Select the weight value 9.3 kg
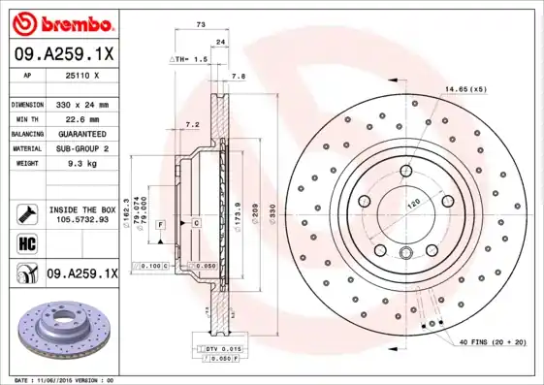click(81, 164)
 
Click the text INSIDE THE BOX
click(81, 209)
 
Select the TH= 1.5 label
click(190, 60)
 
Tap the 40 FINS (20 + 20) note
click(492, 342)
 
